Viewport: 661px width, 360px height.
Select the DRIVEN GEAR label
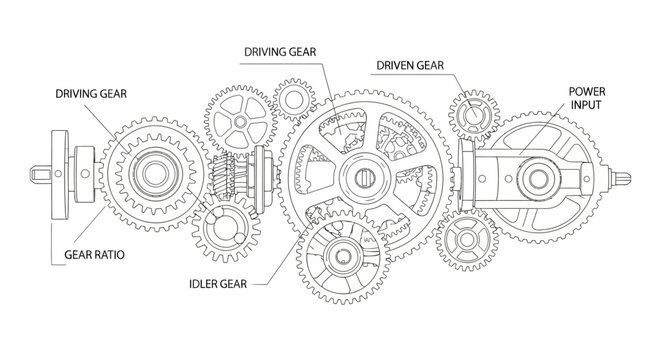pos(411,67)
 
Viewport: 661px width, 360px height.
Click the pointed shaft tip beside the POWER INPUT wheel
pos(628,180)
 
